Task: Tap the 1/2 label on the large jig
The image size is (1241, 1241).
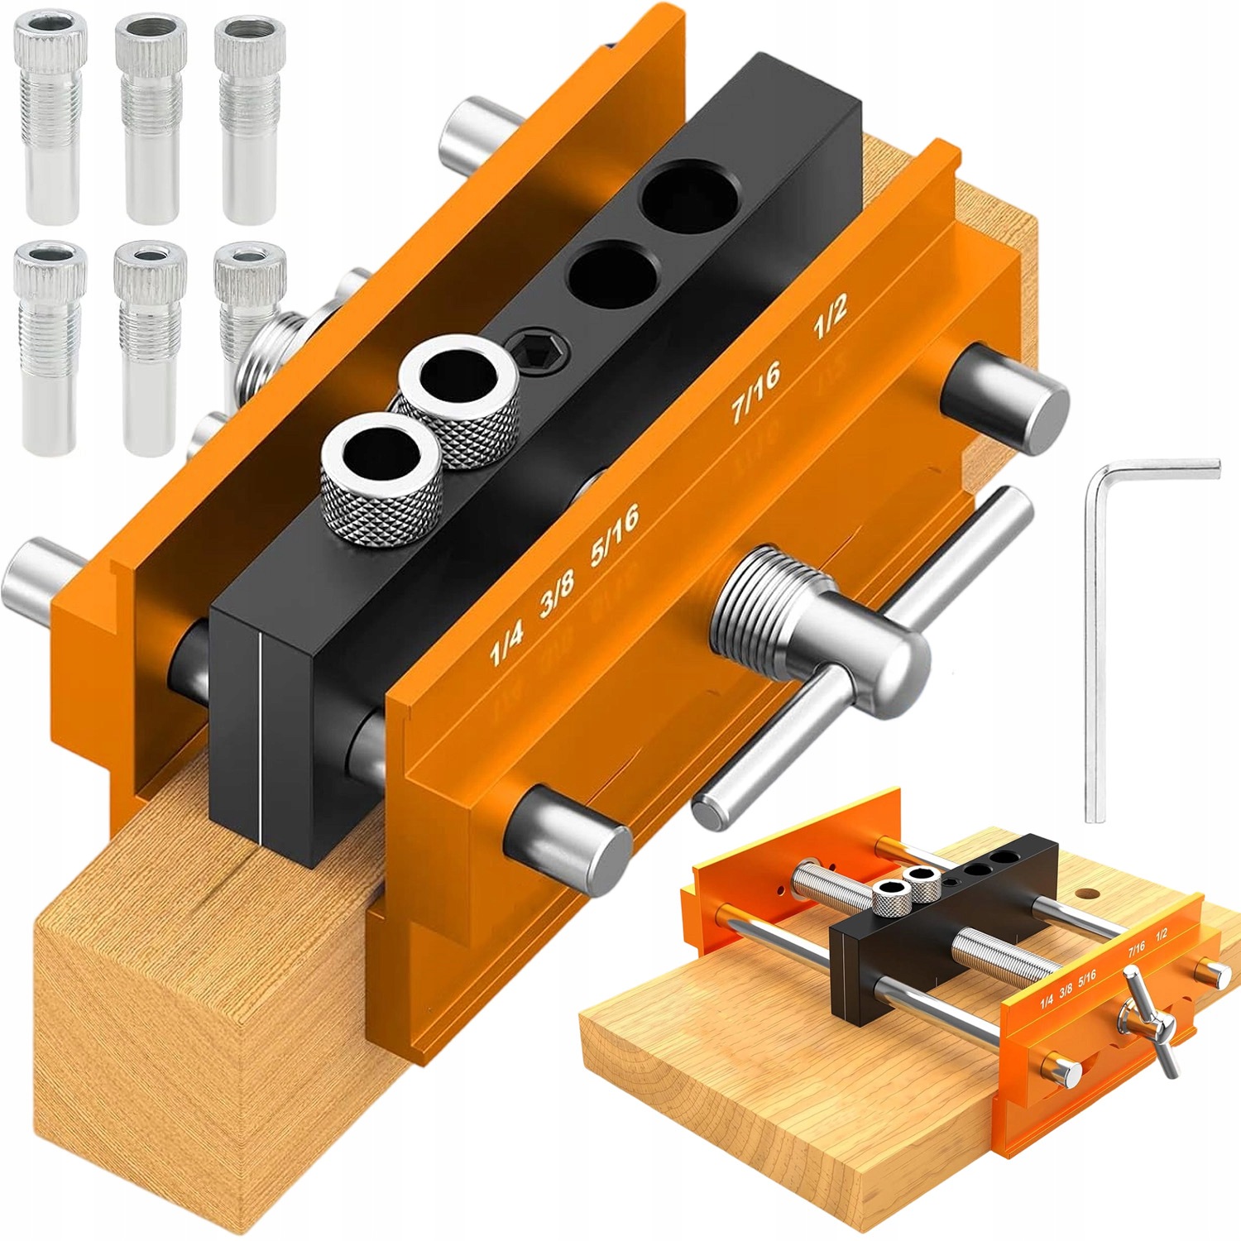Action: (830, 317)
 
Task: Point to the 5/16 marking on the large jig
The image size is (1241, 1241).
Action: (615, 534)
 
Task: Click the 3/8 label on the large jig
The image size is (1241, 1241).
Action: (557, 593)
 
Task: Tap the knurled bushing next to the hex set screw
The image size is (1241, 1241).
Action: (459, 400)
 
